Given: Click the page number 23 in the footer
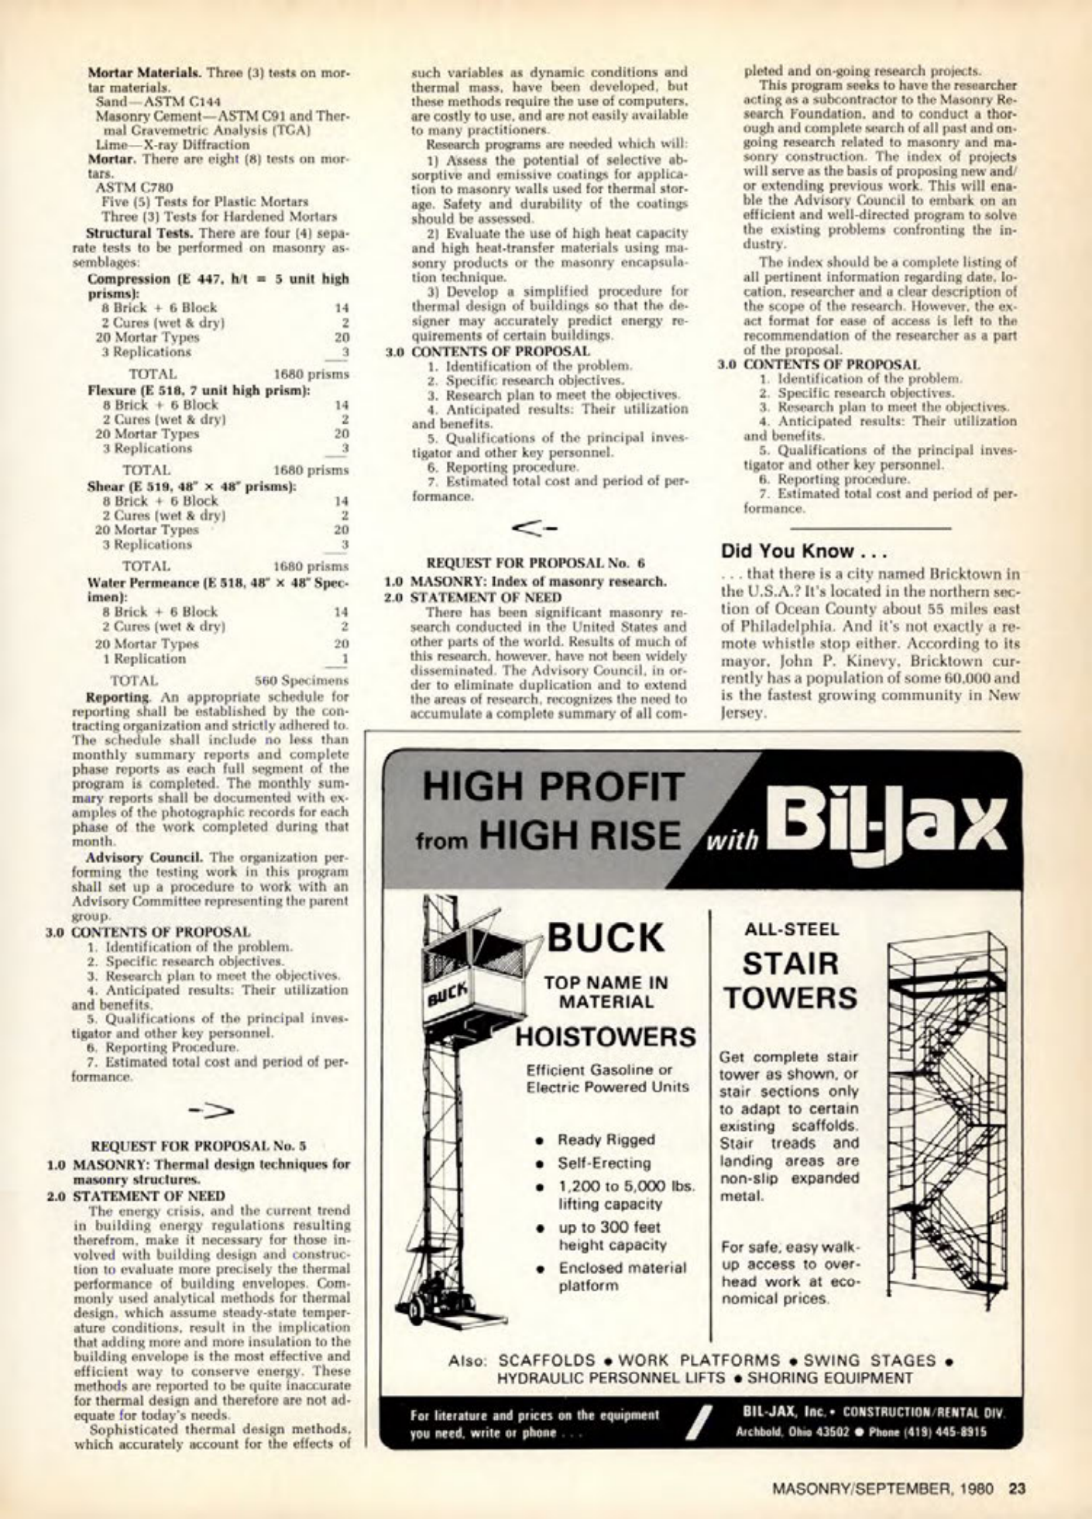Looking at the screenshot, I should [x=1017, y=1486].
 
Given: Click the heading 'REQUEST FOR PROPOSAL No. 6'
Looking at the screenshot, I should [x=536, y=563].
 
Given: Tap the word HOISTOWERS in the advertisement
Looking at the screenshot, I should [x=606, y=1036].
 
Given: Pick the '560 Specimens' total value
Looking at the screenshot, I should [x=302, y=681].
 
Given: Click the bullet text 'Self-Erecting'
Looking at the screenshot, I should [x=604, y=1163].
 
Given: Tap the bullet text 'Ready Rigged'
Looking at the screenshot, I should [x=606, y=1139].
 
